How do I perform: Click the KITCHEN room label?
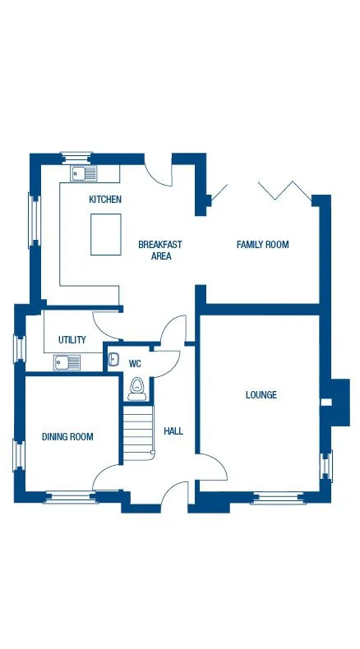[105, 200]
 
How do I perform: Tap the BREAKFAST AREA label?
[160, 250]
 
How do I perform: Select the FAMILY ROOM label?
[262, 245]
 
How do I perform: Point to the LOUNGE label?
[261, 395]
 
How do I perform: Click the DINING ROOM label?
[67, 437]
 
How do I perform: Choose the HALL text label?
[173, 431]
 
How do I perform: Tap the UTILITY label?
[72, 340]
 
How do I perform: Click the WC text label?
[136, 362]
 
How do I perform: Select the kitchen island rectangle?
[106, 233]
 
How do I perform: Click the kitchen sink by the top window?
[84, 173]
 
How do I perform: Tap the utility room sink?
[67, 362]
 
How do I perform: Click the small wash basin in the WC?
[114, 359]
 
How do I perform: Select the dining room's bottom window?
[70, 496]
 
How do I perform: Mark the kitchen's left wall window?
[34, 219]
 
